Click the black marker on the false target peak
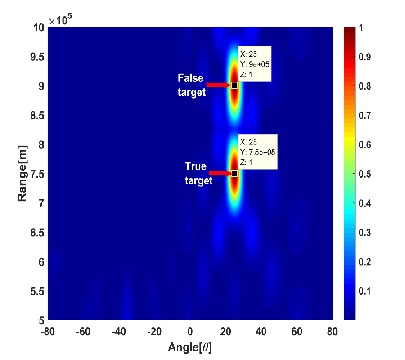(x=234, y=85)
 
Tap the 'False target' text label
(x=192, y=85)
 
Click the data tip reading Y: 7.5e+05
(x=257, y=152)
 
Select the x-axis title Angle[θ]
(x=189, y=347)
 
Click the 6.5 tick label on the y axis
(x=36, y=233)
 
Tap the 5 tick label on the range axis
(x=40, y=320)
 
